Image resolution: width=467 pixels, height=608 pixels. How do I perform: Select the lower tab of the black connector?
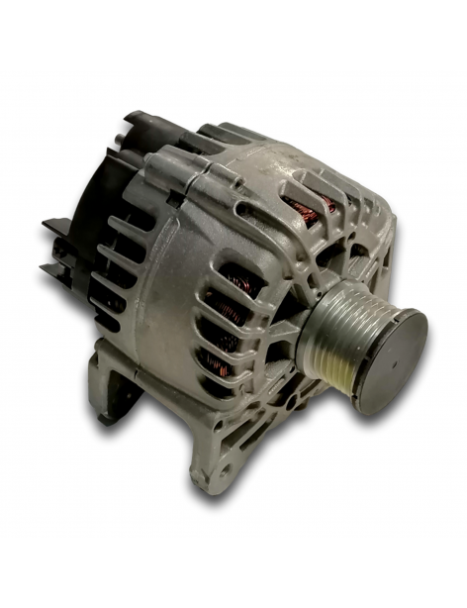tap(56, 272)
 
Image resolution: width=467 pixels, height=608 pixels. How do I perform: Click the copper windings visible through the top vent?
tap(302, 209)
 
